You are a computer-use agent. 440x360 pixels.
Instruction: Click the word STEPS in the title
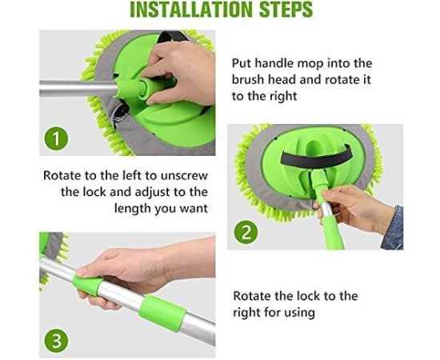[x=286, y=10]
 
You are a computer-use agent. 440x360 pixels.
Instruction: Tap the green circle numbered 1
[x=56, y=138]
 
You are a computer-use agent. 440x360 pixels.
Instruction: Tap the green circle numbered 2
[x=246, y=232]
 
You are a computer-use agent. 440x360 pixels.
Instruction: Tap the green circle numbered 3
[x=56, y=341]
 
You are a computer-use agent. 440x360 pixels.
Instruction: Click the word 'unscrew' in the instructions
[x=184, y=176]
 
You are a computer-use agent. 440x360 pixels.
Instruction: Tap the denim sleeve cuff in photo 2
[x=394, y=228]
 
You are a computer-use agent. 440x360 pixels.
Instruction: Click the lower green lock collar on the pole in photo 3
[x=162, y=313]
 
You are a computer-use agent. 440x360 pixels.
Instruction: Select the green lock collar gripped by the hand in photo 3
[x=87, y=285]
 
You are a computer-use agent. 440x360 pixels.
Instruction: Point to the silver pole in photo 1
[x=78, y=88]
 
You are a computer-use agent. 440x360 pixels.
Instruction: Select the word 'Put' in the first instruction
[x=242, y=63]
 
